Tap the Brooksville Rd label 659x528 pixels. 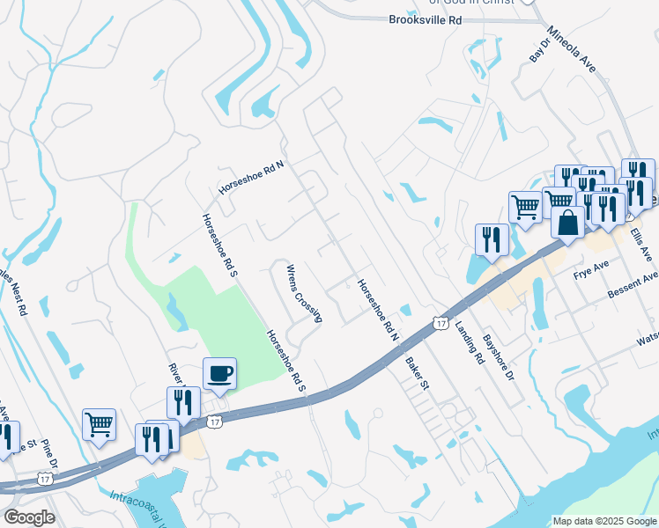[425, 18]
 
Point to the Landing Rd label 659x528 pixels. [470, 343]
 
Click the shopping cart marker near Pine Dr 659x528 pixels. [100, 426]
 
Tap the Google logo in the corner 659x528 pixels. [28, 517]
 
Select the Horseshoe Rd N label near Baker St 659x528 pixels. [378, 311]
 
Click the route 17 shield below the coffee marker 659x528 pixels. [214, 422]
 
